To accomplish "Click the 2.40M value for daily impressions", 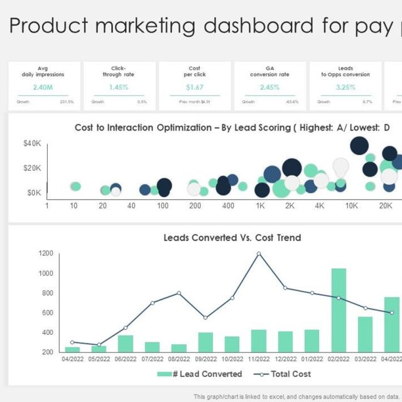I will [x=44, y=87].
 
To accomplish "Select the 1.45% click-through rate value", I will [x=119, y=87].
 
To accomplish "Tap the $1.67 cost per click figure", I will [x=195, y=87].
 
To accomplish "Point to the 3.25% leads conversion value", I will [x=345, y=87].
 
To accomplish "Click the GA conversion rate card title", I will [x=270, y=71].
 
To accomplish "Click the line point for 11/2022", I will [x=259, y=254].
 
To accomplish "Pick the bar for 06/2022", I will [x=126, y=344].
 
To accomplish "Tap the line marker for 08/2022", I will [x=179, y=293].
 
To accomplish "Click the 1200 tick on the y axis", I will [x=45, y=253].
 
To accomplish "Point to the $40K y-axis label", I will [x=33, y=144].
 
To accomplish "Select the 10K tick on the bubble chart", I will [x=352, y=206].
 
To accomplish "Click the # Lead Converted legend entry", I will [x=198, y=374].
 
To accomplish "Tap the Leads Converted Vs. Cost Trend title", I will [x=232, y=238].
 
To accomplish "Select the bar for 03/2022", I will [x=365, y=334].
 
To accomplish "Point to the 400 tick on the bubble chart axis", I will [x=229, y=206].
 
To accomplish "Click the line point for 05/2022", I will [x=99, y=345].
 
